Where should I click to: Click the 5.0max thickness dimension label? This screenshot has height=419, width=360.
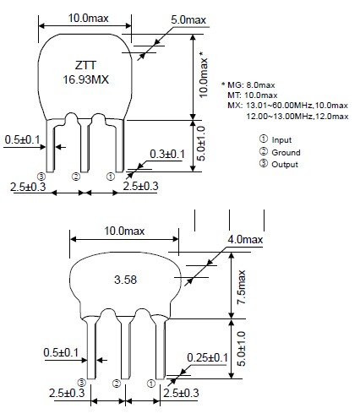tap(188, 19)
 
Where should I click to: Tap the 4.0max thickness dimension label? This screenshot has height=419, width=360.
tap(245, 239)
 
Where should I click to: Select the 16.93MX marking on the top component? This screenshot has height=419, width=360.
tap(85, 79)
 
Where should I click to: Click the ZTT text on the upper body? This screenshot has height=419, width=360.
tap(85, 65)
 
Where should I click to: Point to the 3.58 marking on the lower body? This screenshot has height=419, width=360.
tap(125, 280)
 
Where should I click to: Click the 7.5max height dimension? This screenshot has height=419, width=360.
tap(242, 287)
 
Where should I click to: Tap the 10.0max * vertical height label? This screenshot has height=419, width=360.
tap(204, 74)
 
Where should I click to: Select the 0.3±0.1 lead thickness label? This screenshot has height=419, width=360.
tap(167, 154)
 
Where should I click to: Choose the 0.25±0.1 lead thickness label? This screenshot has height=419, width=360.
tap(207, 357)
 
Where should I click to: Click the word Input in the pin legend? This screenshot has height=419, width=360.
tap(281, 139)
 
